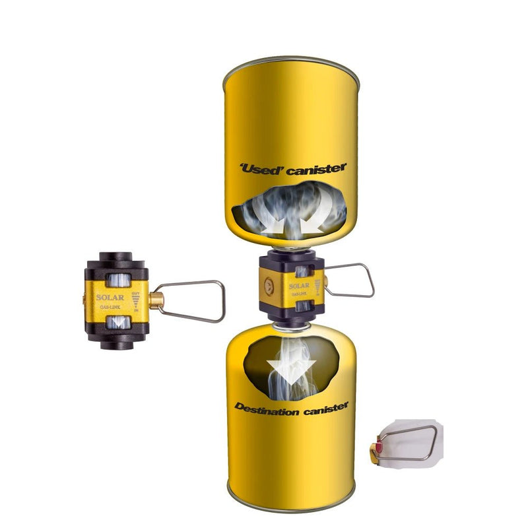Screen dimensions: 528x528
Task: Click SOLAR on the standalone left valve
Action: point(110,297)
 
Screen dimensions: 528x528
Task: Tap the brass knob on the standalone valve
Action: point(156,302)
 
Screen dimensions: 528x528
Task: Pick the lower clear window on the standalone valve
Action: point(118,323)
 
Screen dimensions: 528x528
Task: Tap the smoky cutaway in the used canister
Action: point(290,211)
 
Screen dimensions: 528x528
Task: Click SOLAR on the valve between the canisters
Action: point(300,286)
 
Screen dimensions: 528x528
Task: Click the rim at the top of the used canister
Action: point(290,63)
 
